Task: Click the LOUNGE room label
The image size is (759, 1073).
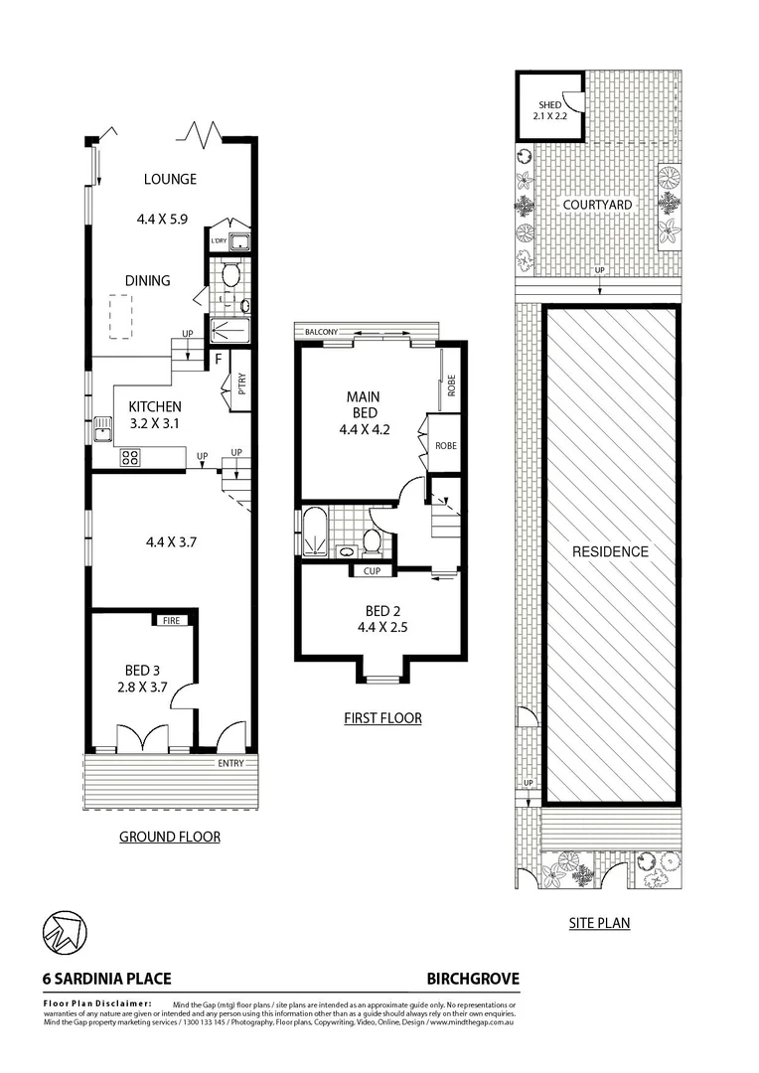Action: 170,180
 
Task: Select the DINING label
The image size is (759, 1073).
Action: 147,281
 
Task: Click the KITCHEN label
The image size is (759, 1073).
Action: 154,406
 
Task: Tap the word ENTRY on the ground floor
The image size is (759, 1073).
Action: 229,763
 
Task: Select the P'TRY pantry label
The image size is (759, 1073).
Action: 241,383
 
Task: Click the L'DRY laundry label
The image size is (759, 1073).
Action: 219,241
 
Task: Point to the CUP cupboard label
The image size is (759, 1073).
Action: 372,571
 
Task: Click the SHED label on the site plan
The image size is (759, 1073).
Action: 549,105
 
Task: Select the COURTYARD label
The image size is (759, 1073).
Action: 597,205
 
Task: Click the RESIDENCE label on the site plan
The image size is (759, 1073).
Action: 610,552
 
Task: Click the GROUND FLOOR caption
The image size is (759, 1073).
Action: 170,838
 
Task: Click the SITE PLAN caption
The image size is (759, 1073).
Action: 599,923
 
